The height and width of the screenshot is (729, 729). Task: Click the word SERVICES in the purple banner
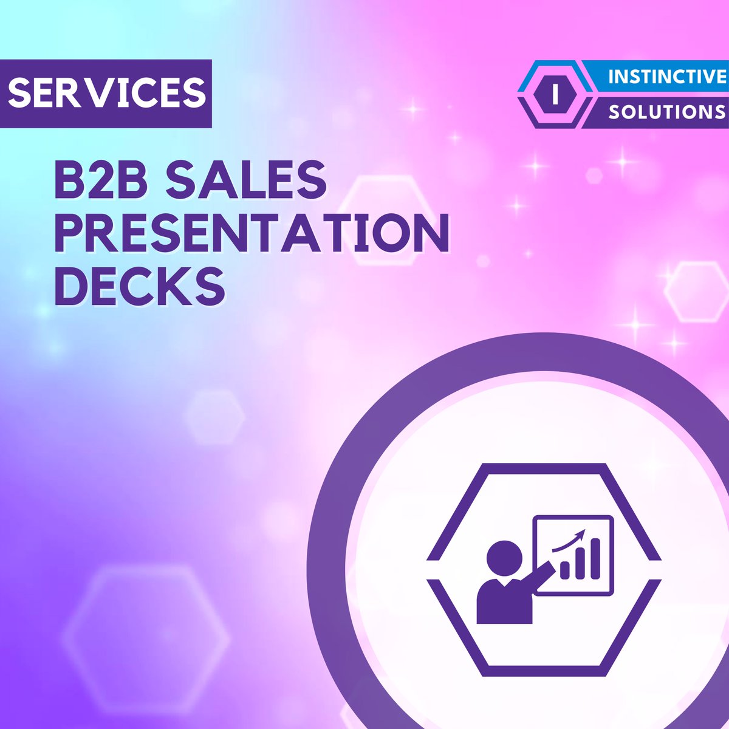pyautogui.click(x=106, y=92)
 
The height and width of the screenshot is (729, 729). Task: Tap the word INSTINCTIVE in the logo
pyautogui.click(x=667, y=77)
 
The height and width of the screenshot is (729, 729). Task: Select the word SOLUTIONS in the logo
pyautogui.click(x=667, y=112)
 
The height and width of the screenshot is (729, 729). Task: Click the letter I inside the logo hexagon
pyautogui.click(x=553, y=94)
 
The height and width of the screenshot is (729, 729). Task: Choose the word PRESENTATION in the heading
pyautogui.click(x=252, y=232)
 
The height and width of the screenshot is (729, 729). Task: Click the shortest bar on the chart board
pyautogui.click(x=565, y=569)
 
